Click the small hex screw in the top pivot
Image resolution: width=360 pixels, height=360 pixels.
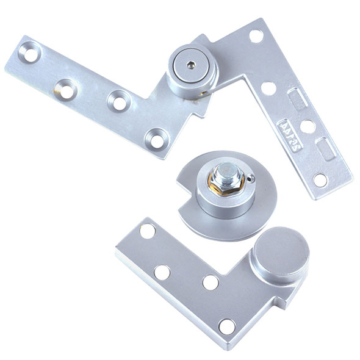(x=191, y=64)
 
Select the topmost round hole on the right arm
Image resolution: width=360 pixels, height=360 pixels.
(x=256, y=37)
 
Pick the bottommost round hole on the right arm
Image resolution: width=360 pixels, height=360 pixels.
(x=320, y=180)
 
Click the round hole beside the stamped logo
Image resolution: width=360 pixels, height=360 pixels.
(x=308, y=127)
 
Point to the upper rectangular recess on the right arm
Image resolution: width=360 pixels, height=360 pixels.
(x=297, y=99)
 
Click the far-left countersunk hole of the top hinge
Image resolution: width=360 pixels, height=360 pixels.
(x=30, y=53)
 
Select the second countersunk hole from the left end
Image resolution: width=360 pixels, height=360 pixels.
(x=65, y=89)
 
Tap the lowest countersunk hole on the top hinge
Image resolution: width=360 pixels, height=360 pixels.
(x=157, y=140)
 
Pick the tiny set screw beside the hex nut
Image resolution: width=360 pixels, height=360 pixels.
(x=249, y=179)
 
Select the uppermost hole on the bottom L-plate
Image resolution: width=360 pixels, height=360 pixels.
(x=147, y=231)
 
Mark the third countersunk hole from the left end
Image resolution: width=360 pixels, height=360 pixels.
(x=120, y=101)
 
